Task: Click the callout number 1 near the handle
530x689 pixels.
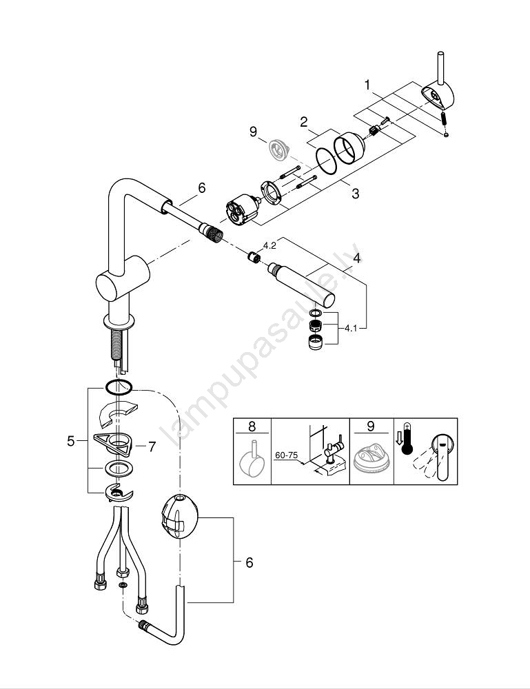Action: [368, 85]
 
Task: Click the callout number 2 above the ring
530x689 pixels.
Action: [303, 122]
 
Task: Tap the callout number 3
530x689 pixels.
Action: [355, 194]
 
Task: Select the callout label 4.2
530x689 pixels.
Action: [269, 244]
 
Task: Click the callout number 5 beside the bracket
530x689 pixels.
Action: [70, 440]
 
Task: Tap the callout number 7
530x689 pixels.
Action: [152, 446]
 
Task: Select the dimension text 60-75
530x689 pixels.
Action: [286, 456]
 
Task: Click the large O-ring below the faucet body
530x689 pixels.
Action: [119, 387]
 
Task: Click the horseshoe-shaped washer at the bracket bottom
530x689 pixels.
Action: [118, 493]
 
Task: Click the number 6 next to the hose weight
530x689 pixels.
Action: [249, 562]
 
